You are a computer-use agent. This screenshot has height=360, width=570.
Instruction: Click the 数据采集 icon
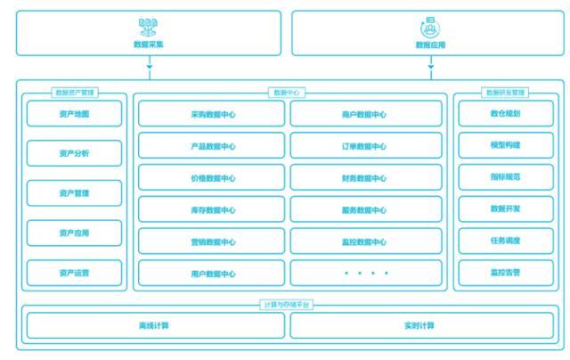click(x=148, y=26)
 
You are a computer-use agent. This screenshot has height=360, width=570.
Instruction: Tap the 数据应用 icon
click(x=429, y=26)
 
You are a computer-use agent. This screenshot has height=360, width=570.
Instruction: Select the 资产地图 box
click(x=74, y=114)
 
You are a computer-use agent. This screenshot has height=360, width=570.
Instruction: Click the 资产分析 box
click(x=74, y=153)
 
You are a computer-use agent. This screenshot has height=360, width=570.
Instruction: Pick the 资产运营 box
click(x=74, y=272)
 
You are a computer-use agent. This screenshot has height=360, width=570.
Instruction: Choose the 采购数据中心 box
click(x=213, y=114)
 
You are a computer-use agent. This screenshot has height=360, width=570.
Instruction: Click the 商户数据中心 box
click(x=365, y=114)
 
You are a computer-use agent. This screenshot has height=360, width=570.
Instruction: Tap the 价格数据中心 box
click(x=213, y=178)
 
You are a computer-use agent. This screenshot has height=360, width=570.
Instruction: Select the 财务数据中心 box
click(x=365, y=178)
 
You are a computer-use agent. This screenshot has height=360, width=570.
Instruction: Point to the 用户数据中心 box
click(x=213, y=274)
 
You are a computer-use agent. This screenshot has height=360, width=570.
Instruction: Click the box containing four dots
click(x=365, y=274)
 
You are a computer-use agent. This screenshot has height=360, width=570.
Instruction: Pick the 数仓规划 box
click(x=506, y=114)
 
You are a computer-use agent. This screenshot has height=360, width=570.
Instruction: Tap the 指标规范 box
click(x=506, y=177)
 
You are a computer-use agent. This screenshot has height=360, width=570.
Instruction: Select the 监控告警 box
click(x=506, y=273)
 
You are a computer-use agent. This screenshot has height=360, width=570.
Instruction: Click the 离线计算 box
click(x=155, y=325)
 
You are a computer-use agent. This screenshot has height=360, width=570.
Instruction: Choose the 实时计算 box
click(x=419, y=325)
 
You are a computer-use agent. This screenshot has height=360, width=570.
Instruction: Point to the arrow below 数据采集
click(x=149, y=65)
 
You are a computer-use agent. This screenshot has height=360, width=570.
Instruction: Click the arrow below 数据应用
click(x=430, y=65)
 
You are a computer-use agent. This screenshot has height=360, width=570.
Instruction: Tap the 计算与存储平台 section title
click(x=287, y=305)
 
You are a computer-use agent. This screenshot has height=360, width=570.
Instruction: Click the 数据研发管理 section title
click(x=506, y=92)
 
